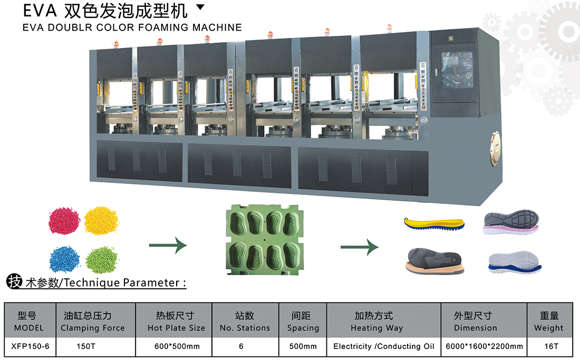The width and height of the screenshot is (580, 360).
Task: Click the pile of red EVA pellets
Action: [x=65, y=221]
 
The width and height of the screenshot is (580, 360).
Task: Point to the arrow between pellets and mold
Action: [x=168, y=245]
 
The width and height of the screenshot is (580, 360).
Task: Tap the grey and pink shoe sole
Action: [x=511, y=222]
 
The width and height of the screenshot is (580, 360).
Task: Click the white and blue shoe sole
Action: [x=512, y=261]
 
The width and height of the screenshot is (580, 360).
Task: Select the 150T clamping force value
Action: [x=84, y=346]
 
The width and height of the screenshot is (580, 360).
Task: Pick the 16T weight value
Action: [x=549, y=346]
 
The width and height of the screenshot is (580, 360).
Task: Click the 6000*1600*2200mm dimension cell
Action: [x=485, y=346]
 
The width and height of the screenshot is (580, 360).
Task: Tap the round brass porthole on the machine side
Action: [x=496, y=149]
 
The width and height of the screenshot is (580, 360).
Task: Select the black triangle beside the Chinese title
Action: [x=200, y=7]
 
